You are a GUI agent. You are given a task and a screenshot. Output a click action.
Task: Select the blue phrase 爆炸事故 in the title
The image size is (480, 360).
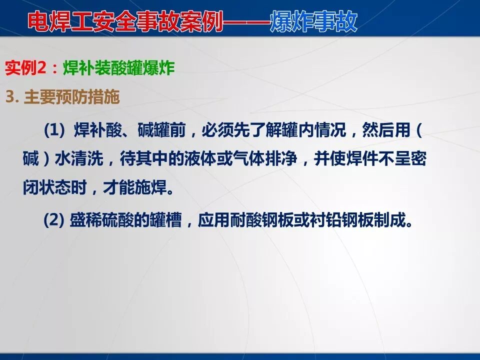click(x=313, y=22)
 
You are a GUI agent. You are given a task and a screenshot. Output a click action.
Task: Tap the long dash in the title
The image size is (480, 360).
click(x=245, y=22)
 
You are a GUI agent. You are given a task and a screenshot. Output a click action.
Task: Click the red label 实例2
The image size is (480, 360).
click(x=28, y=68)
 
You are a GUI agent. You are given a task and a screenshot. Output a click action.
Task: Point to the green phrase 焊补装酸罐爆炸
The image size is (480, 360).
click(x=119, y=68)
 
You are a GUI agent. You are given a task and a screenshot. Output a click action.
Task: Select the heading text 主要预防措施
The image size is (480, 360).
click(x=72, y=97)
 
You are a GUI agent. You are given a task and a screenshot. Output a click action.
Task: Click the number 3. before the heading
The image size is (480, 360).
click(x=12, y=97)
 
